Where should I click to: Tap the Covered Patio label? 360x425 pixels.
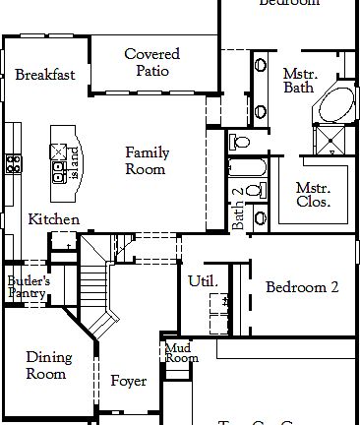151,62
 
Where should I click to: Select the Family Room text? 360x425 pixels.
146,160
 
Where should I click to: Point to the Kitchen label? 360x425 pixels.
53,219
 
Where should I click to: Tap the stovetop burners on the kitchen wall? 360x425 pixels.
14,164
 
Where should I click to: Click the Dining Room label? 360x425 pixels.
45,365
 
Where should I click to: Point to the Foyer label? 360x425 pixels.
128,381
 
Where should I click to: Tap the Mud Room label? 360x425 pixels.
179,352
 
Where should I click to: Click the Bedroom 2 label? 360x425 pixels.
301,287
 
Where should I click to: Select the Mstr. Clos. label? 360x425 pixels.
313,195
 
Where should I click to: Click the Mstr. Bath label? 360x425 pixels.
297,81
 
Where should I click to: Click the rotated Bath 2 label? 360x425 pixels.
237,209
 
